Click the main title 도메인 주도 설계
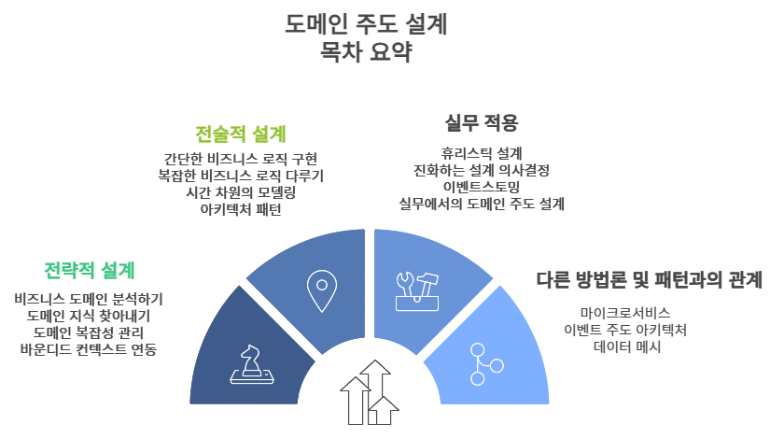[x=366, y=23]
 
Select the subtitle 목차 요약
[x=366, y=51]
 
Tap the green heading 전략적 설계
[x=90, y=271]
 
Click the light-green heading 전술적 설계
[x=241, y=134]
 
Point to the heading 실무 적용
[x=481, y=122]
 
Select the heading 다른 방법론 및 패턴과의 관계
[x=649, y=279]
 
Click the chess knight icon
[x=252, y=364]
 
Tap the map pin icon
[x=322, y=291]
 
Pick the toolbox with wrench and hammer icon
[x=417, y=291]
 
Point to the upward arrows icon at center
[x=370, y=392]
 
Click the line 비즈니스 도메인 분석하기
[x=89, y=300]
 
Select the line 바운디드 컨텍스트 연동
[x=89, y=349]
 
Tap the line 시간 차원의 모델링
[x=241, y=192]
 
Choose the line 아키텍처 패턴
[x=241, y=209]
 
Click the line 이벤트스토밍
[x=481, y=187]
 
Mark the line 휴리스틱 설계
[x=481, y=153]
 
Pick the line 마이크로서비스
[x=625, y=314]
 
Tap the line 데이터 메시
[x=627, y=346]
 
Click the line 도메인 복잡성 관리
[x=89, y=332]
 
